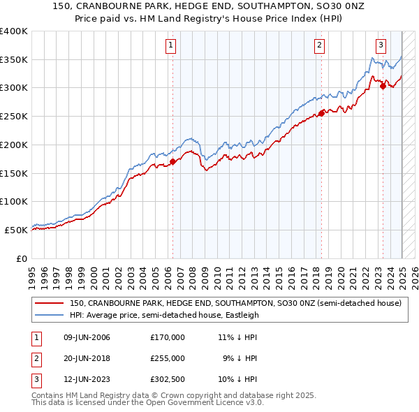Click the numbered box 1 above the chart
click(x=171, y=46)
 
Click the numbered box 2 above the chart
click(x=319, y=46)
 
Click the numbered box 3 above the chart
click(x=381, y=46)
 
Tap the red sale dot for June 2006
click(x=172, y=162)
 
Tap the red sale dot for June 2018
click(x=321, y=113)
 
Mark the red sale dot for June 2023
click(x=383, y=86)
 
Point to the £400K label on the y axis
click(x=14, y=31)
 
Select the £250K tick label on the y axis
click(x=14, y=117)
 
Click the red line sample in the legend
click(x=50, y=304)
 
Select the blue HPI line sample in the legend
click(x=50, y=315)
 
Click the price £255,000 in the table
click(x=167, y=358)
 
